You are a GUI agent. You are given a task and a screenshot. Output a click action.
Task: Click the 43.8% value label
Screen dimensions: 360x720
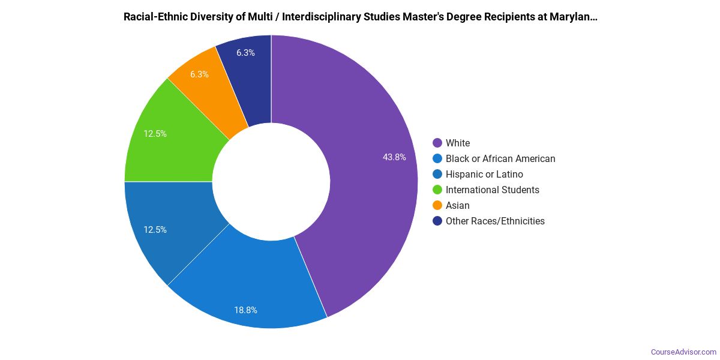coord(394,157)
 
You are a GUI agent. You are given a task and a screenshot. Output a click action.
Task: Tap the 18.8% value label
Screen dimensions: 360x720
coord(245,310)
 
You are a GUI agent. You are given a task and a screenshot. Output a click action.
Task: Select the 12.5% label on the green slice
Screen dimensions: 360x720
coord(155,134)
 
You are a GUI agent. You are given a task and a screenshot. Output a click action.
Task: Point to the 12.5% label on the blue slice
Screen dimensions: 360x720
coord(155,230)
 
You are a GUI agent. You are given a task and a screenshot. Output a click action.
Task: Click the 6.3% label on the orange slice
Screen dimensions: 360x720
coord(199,74)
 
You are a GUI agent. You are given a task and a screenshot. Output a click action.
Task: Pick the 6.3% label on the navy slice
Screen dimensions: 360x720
coord(245,53)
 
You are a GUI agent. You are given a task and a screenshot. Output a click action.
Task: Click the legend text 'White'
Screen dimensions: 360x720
coord(458,143)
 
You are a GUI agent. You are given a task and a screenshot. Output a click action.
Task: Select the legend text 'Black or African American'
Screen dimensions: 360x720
coord(500,158)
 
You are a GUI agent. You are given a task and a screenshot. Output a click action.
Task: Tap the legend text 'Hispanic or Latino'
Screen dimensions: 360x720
coord(484,174)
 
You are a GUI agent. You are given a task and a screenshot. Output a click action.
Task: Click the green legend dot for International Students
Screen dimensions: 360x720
coord(437,190)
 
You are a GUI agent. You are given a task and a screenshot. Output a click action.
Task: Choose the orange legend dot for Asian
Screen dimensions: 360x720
coord(437,205)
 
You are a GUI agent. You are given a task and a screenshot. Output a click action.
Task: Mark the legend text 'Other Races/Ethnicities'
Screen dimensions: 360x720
coord(495,221)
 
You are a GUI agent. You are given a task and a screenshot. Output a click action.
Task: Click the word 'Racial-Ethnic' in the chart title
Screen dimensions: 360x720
coord(154,17)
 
